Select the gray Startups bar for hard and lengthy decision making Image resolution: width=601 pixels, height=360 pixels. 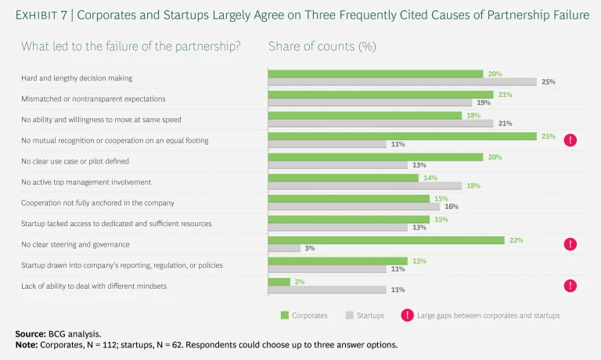point(402,81)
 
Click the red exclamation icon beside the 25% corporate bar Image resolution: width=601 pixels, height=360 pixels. point(570,140)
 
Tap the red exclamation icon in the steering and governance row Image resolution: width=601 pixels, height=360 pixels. point(570,244)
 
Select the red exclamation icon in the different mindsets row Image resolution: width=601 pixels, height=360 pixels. point(570,285)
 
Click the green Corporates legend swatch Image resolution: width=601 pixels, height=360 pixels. point(286,315)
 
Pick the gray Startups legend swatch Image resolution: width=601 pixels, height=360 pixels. point(351,315)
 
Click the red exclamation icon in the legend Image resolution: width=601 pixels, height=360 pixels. point(408,315)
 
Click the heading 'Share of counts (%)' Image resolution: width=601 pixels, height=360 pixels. point(322,47)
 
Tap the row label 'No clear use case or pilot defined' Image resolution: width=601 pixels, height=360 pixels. point(86,161)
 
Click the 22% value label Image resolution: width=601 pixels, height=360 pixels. point(516,239)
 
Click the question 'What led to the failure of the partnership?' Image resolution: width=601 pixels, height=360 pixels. point(130,47)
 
